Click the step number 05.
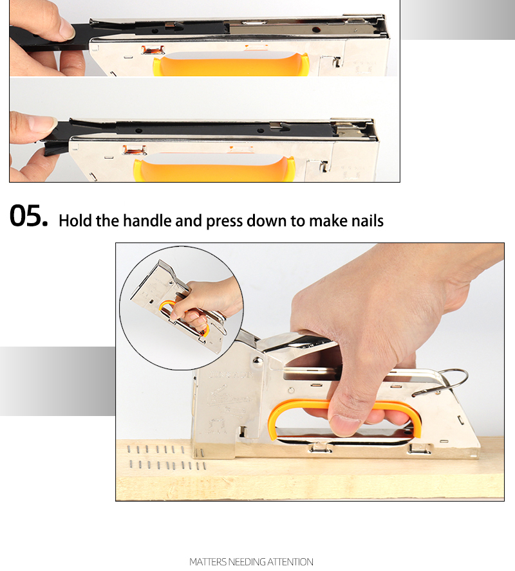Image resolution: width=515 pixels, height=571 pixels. click(x=29, y=217)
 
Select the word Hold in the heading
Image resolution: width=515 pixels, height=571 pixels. click(x=75, y=221)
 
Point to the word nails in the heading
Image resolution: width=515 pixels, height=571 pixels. click(x=365, y=221)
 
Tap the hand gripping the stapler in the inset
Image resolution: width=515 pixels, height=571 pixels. click(x=206, y=298)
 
